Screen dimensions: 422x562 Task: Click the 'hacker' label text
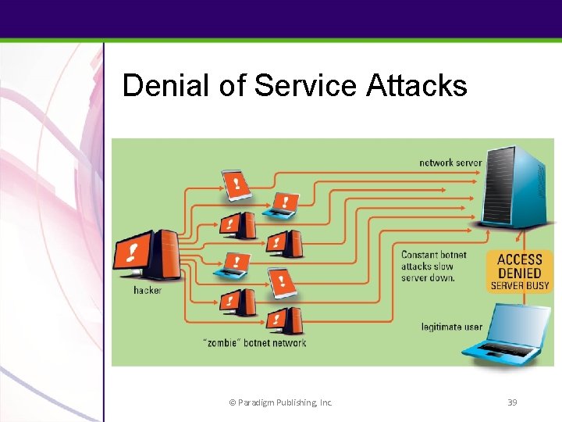pyautogui.click(x=147, y=290)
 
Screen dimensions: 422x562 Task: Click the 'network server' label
pyautogui.click(x=450, y=163)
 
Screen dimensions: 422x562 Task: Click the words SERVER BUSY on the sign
pyautogui.click(x=519, y=286)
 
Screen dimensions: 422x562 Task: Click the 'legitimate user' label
pyautogui.click(x=451, y=326)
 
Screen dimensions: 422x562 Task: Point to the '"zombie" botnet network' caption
pyautogui.click(x=254, y=342)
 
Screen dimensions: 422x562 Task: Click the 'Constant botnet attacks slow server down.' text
pyautogui.click(x=433, y=266)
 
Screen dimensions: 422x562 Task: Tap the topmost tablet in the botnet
pyautogui.click(x=237, y=184)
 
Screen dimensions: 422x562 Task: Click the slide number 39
pyautogui.click(x=512, y=402)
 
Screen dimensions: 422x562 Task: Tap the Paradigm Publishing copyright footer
pyautogui.click(x=280, y=402)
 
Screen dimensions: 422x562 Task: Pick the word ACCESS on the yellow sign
pyautogui.click(x=519, y=259)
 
